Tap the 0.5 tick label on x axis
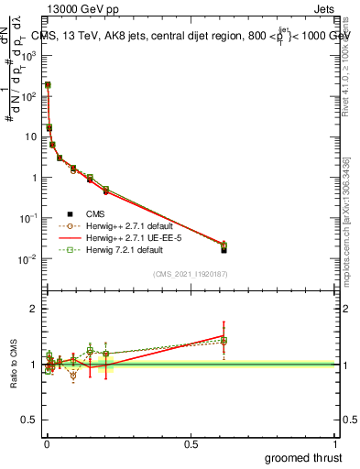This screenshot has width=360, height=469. pyautogui.click(x=191, y=444)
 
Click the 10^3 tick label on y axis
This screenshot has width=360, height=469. pyautogui.click(x=29, y=55)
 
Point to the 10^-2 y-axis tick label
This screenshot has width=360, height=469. pyautogui.click(x=29, y=259)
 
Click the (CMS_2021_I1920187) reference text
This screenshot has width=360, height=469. pyautogui.click(x=189, y=274)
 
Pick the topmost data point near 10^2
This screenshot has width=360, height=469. pyautogui.click(x=48, y=85)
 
